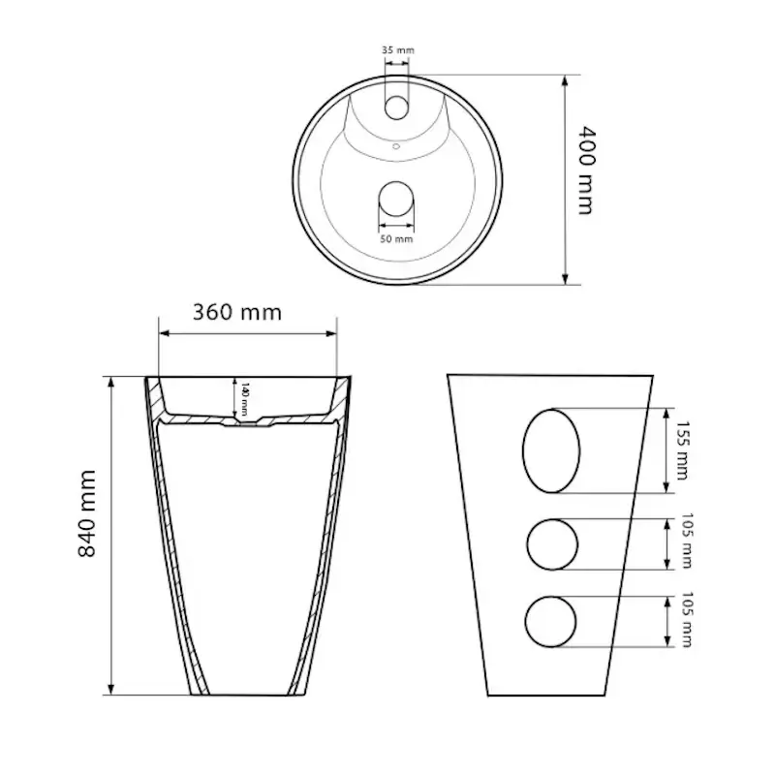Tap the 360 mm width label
[x=237, y=312]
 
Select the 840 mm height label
[x=88, y=512]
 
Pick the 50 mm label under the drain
[x=397, y=238]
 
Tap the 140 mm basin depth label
[x=245, y=395]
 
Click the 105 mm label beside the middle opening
[x=686, y=542]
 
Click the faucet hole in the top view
[x=397, y=106]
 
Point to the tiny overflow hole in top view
[x=396, y=147]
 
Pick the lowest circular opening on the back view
[x=550, y=620]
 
